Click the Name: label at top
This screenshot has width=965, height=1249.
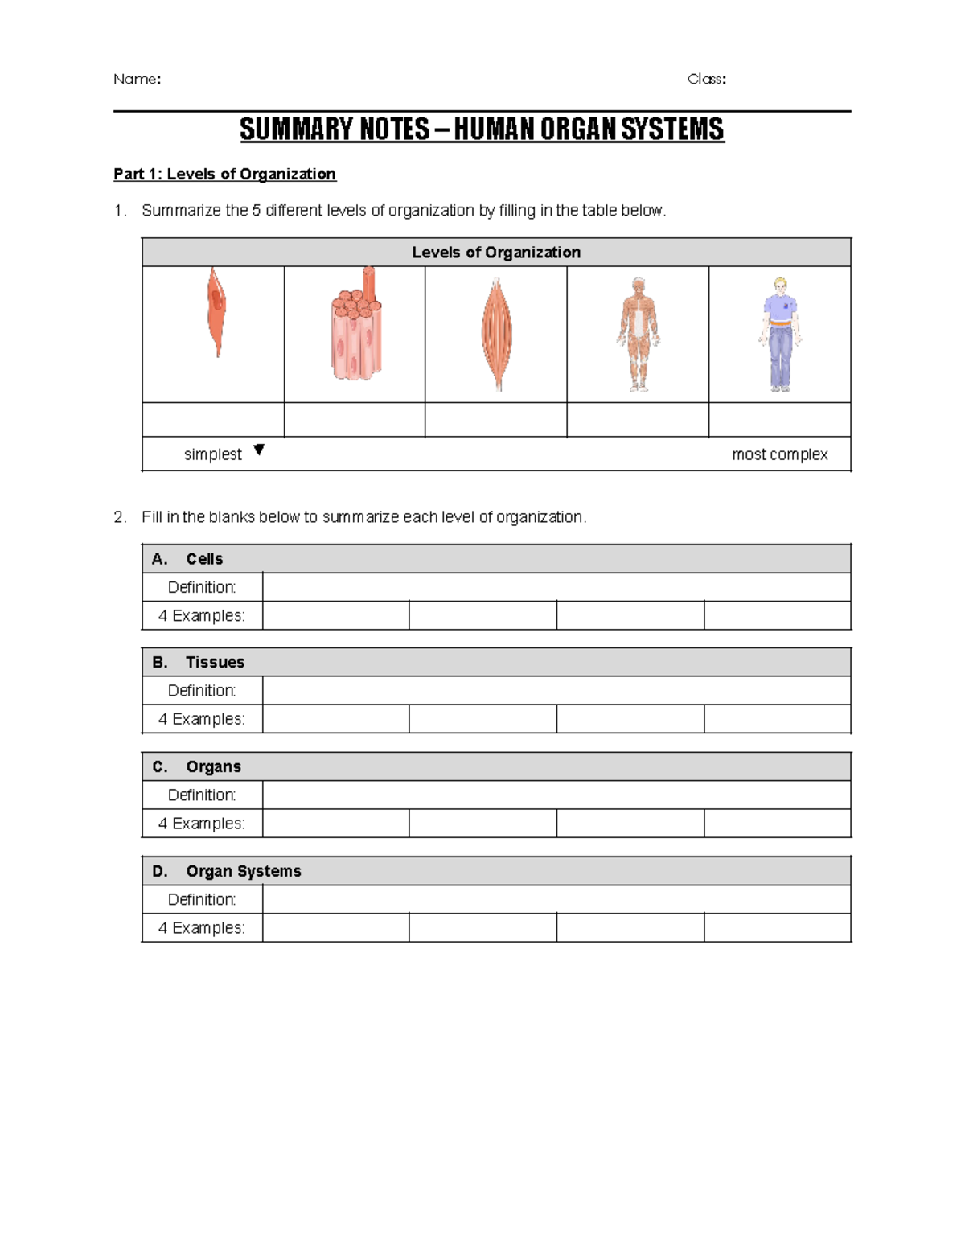point(137,79)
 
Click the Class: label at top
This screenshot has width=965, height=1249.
point(706,79)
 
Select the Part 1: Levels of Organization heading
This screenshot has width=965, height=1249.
point(224,174)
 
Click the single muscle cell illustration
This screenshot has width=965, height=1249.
point(216,312)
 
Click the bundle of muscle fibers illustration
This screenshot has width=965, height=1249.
point(355,325)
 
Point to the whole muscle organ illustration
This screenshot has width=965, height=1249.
point(496,334)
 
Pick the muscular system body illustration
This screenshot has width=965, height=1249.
point(639,334)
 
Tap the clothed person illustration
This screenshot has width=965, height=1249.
point(779,334)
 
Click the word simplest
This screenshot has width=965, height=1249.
point(212,454)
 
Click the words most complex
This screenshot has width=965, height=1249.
point(779,454)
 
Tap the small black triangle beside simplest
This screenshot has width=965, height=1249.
point(258,450)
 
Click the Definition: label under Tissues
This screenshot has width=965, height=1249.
point(202,691)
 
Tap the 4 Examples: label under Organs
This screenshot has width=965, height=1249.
point(201,824)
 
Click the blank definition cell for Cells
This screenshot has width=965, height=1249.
point(556,587)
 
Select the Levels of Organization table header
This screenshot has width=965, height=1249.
point(496,253)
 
